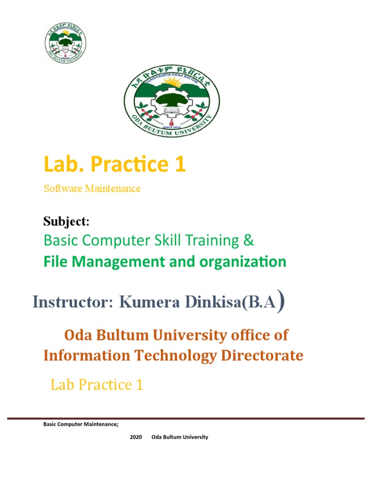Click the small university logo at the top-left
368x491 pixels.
[x=65, y=43]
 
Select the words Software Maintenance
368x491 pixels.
[x=92, y=188]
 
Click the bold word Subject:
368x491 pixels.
[x=67, y=222]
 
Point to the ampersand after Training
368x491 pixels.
[x=248, y=240]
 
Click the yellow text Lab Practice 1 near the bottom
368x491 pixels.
[x=97, y=385]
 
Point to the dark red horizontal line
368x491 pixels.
[x=186, y=419]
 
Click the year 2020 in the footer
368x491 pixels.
[x=136, y=437]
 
